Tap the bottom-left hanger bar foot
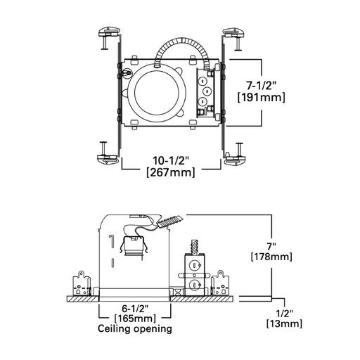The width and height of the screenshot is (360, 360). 107,156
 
